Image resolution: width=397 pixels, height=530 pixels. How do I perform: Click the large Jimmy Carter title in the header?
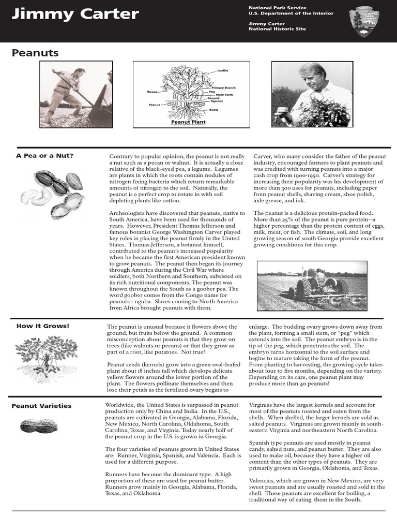[x=75, y=14]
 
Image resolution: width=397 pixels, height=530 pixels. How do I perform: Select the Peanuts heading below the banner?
[x=35, y=53]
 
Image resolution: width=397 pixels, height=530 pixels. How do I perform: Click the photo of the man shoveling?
[x=76, y=94]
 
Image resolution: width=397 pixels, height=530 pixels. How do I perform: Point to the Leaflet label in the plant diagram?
[x=223, y=70]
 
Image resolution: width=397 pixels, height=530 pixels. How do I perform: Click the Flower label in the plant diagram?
[x=151, y=92]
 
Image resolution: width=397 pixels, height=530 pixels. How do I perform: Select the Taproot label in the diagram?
[x=215, y=101]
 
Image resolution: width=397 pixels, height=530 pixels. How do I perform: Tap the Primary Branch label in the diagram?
[x=223, y=88]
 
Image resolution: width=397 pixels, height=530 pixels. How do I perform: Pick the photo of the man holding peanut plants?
[x=313, y=94]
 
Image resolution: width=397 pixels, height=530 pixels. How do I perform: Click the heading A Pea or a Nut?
[x=45, y=156]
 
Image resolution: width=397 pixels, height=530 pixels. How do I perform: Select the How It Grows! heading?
[x=43, y=326]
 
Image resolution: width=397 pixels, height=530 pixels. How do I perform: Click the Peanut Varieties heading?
[x=41, y=406]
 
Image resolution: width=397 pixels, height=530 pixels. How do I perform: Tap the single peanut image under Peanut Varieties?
[x=35, y=425]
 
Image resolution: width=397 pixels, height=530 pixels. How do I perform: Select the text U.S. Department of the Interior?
[x=291, y=13]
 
